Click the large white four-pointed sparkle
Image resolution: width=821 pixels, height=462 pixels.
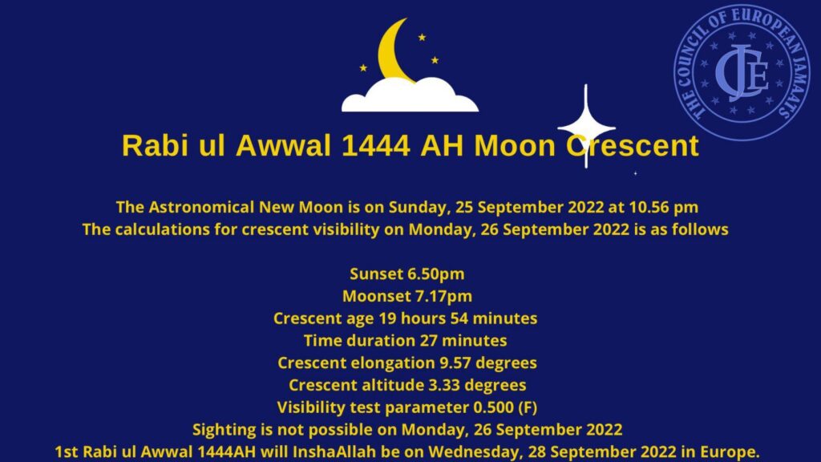click(586, 127)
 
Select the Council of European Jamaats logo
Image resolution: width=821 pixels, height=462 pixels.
click(742, 72)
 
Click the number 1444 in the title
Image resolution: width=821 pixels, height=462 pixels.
click(375, 146)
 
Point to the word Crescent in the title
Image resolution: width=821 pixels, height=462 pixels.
click(633, 146)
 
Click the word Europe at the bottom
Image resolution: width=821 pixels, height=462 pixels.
click(730, 452)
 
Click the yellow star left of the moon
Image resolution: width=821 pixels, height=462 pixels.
click(363, 67)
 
